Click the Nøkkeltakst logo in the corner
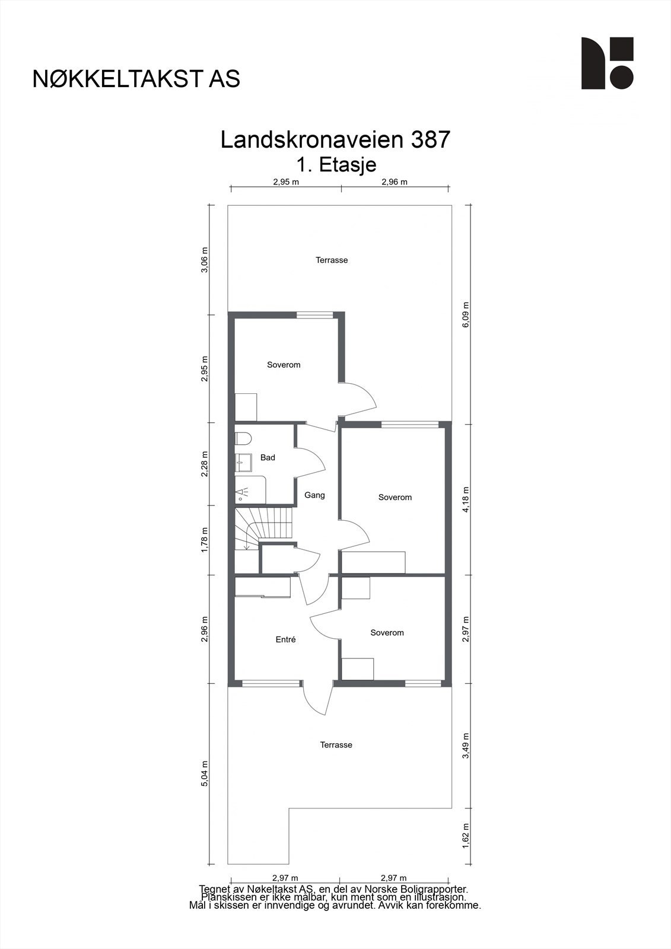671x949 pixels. [x=607, y=63]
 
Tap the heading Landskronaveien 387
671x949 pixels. [x=335, y=140]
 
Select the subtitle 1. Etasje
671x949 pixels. [x=335, y=164]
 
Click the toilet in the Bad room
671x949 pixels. [x=243, y=438]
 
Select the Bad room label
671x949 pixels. [x=268, y=458]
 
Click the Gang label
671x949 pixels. [x=314, y=495]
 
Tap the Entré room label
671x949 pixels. [x=285, y=639]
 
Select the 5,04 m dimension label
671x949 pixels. [x=205, y=773]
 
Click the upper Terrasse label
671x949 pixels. [x=332, y=260]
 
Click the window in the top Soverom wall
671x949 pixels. [x=314, y=314]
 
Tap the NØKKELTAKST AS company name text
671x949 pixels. [x=136, y=79]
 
